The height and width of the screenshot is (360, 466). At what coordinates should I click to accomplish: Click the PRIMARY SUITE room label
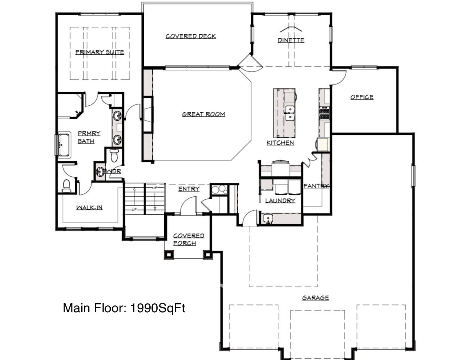click(100, 52)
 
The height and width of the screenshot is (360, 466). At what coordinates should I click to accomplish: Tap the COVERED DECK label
click(191, 36)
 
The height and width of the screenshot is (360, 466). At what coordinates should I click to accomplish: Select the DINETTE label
click(291, 40)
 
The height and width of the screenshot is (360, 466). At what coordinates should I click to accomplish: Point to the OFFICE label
click(362, 97)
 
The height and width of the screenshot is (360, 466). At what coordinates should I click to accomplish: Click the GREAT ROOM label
click(203, 114)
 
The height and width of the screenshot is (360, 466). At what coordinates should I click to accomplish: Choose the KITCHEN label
click(280, 143)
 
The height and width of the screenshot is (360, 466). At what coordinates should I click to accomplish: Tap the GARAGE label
click(316, 298)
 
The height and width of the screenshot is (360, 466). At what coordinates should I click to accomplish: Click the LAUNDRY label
click(280, 201)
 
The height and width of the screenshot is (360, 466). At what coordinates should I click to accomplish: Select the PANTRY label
click(316, 186)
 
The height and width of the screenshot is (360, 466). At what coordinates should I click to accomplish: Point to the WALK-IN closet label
click(89, 208)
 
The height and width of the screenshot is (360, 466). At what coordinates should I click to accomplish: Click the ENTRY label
click(189, 189)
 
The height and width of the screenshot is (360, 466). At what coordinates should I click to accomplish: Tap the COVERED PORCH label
click(189, 240)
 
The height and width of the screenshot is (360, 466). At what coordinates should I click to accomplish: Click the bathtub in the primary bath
click(64, 145)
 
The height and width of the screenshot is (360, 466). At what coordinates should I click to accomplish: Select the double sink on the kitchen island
click(289, 113)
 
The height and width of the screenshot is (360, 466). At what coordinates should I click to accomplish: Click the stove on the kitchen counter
click(325, 113)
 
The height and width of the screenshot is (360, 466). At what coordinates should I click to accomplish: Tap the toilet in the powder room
click(114, 156)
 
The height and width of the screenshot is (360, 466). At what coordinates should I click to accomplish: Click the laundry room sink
click(268, 219)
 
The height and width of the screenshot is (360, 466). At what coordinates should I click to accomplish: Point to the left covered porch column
click(169, 254)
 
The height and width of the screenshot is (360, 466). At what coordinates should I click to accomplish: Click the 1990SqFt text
click(158, 308)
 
